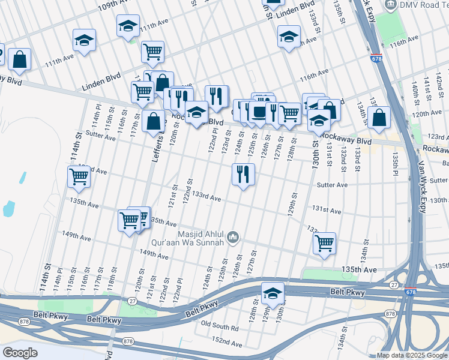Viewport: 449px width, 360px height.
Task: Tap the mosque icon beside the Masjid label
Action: pos(234,238)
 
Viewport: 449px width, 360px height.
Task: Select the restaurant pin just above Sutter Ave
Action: pos(243,175)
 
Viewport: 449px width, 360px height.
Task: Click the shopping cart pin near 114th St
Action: pos(79,177)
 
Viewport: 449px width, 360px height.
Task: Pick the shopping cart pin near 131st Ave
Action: pos(324,243)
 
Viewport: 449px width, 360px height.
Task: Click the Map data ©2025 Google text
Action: pos(411,356)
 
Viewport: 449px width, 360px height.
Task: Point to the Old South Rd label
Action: pos(220,328)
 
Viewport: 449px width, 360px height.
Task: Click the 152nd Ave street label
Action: pos(227,343)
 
